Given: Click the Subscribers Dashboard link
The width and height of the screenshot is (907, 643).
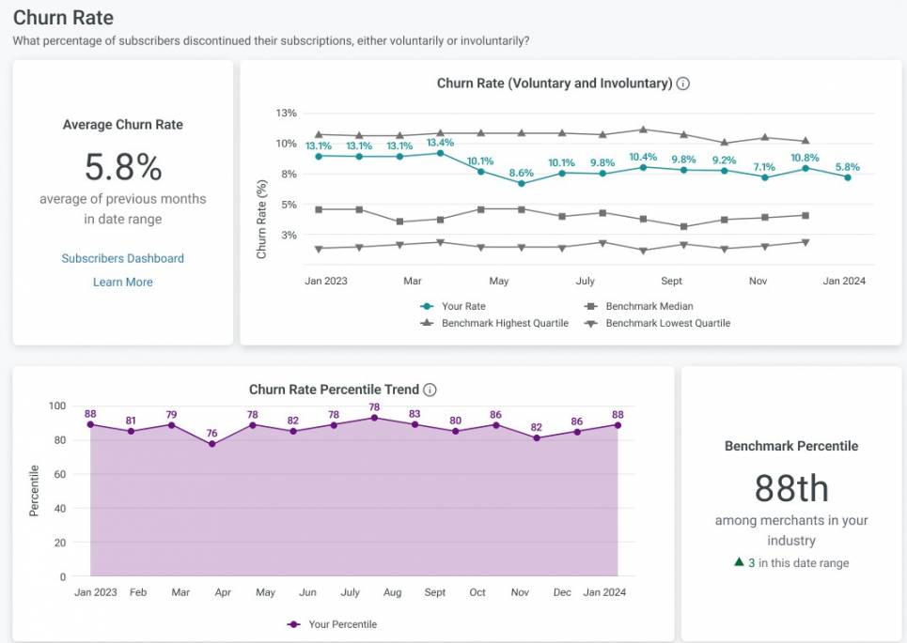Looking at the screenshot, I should (x=122, y=258).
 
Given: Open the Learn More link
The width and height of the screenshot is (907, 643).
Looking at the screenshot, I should (x=122, y=282).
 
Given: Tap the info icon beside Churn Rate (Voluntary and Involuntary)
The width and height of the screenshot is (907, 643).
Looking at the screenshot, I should (x=683, y=84).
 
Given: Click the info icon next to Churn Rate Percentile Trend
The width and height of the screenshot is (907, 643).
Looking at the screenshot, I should (x=430, y=390).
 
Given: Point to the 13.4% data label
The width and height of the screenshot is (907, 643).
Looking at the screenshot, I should (x=440, y=143).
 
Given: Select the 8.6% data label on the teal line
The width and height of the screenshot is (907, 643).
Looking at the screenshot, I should (x=521, y=173).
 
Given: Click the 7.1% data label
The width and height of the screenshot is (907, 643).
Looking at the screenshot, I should (x=763, y=167).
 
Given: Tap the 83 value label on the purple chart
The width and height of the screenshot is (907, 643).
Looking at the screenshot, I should (x=414, y=414).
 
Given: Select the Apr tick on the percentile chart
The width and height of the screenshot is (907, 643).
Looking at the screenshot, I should (x=223, y=592).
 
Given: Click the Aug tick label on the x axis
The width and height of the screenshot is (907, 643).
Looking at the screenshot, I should (x=393, y=592).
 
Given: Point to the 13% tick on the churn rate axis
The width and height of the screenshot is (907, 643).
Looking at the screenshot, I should (x=286, y=113).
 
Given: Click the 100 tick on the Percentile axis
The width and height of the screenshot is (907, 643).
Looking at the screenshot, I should (x=57, y=406).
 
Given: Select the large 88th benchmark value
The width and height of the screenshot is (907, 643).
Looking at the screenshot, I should (x=790, y=488).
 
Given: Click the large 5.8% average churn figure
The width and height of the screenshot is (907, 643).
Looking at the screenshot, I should (x=122, y=167).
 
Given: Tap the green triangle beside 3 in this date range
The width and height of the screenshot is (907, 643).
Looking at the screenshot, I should (x=739, y=562).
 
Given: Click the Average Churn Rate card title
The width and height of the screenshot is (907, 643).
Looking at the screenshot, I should (x=122, y=124).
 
